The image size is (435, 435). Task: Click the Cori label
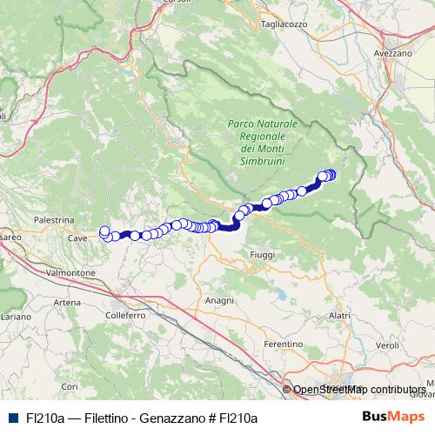70,385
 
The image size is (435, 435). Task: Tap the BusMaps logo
391,417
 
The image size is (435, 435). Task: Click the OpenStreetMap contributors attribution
358,389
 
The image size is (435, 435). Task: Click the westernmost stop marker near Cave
105,231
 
